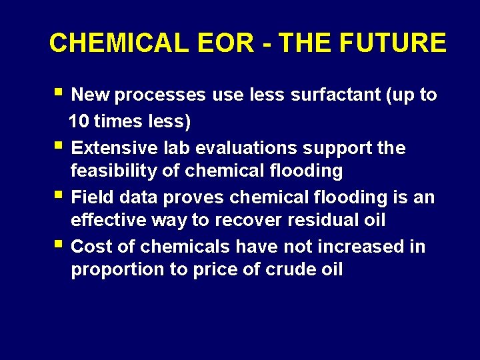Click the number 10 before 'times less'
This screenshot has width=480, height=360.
(80, 122)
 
